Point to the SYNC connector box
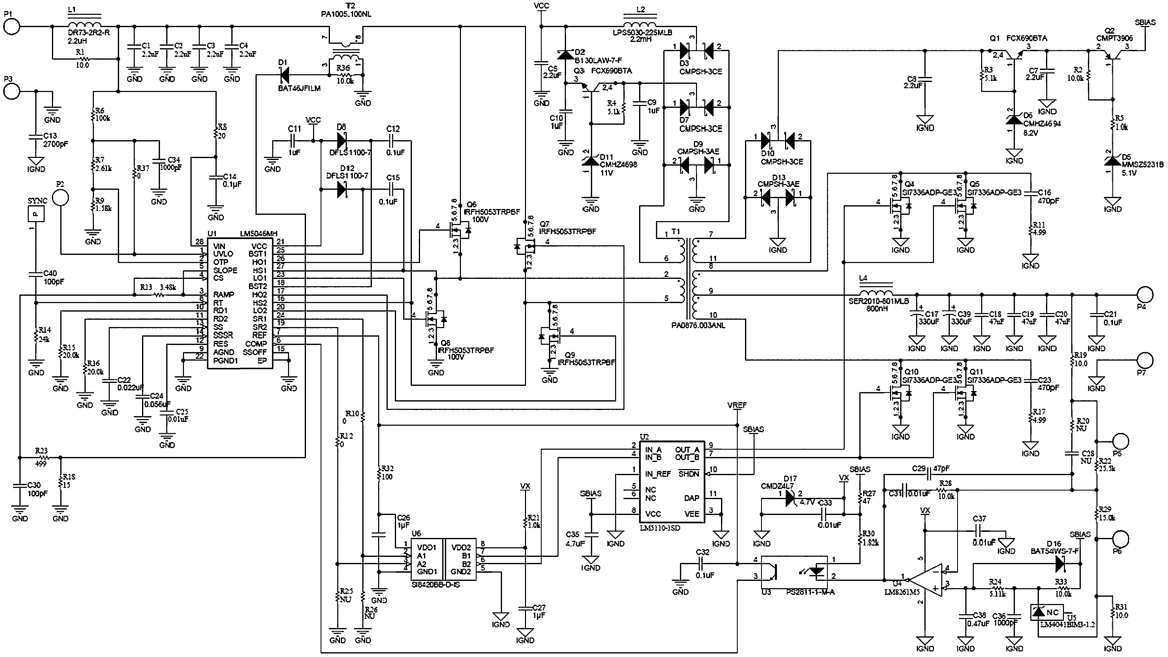point(36,213)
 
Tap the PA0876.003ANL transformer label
point(698,325)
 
